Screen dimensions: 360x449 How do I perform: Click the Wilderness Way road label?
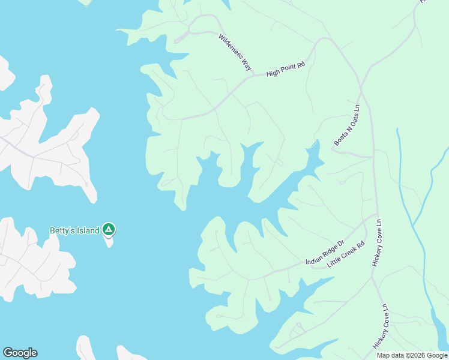point(235,53)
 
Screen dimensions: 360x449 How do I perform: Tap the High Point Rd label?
point(286,69)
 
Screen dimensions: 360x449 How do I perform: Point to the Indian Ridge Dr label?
point(324,253)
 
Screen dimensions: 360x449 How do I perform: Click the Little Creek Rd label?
point(346,255)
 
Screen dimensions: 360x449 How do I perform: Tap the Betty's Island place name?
point(74,230)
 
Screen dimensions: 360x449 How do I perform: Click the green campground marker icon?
point(109,229)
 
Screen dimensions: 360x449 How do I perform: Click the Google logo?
point(20,353)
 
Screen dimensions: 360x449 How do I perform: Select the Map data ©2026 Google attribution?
point(412,355)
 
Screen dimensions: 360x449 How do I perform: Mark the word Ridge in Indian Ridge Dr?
point(330,250)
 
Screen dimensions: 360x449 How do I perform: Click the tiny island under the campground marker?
point(109,242)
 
